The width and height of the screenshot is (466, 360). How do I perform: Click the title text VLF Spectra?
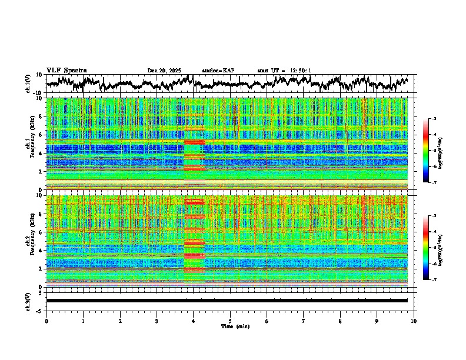[66, 70]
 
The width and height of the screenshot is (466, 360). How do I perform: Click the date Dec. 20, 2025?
[164, 71]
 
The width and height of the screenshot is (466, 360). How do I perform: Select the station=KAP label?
[218, 71]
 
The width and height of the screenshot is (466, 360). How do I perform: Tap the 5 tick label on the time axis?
[230, 321]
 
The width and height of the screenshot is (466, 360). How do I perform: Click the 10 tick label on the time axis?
[414, 321]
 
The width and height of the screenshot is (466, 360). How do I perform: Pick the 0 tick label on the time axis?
[46, 321]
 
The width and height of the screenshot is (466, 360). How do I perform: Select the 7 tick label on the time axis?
[304, 321]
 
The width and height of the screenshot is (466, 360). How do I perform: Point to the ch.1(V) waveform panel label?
[28, 84]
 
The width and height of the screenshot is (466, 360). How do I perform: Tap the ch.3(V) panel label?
[28, 301]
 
